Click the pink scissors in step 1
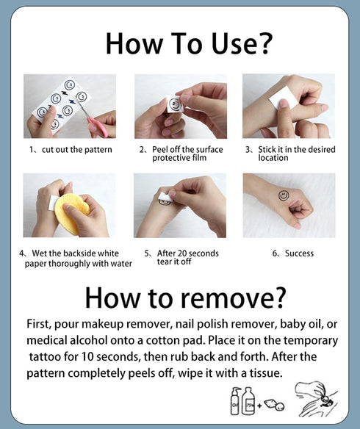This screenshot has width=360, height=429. click(x=93, y=120)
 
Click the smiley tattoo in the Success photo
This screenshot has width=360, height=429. click(x=284, y=195)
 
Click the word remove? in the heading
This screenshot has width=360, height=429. click(x=234, y=298)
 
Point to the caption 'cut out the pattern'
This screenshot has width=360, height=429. click(x=77, y=150)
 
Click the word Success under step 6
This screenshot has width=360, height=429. click(x=299, y=253)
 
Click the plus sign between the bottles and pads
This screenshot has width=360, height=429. click(x=259, y=405)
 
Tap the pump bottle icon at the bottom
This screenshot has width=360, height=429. click(x=236, y=400)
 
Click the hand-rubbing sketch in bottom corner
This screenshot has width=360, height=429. click(x=316, y=398)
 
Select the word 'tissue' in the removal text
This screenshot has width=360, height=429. click(x=265, y=373)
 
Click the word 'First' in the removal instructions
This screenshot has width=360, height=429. click(x=39, y=324)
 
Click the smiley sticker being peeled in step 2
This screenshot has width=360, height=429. click(x=175, y=104)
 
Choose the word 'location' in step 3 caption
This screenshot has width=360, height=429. click(x=273, y=158)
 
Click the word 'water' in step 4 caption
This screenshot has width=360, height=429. click(x=121, y=264)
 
